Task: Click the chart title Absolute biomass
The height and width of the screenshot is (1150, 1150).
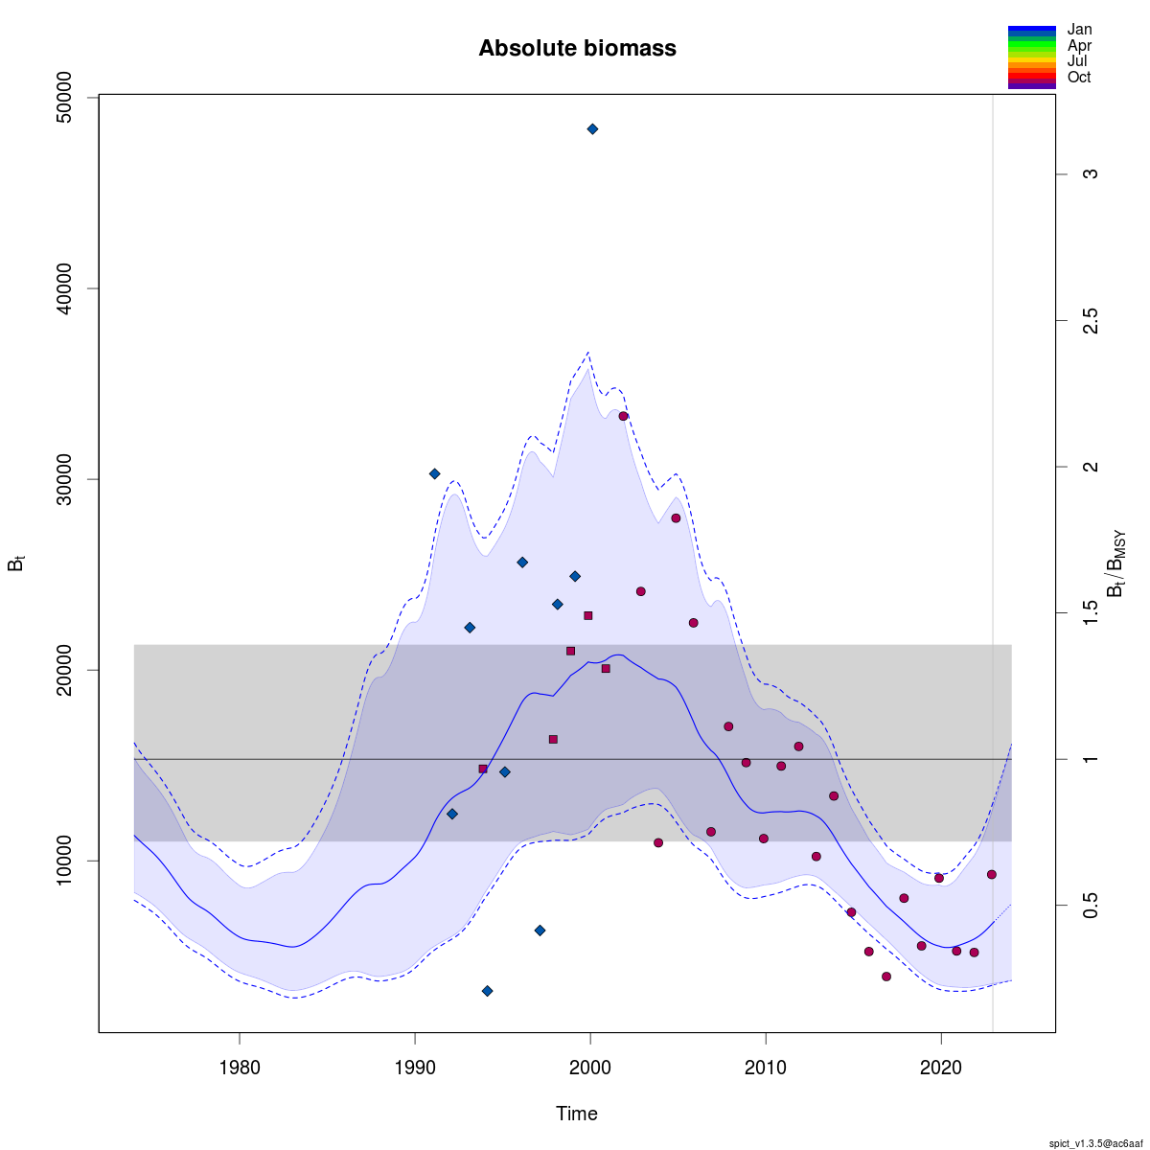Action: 577,48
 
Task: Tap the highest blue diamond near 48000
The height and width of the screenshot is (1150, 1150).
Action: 592,128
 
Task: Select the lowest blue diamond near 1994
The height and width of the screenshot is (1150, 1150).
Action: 487,991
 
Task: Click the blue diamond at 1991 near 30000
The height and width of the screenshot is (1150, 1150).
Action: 434,473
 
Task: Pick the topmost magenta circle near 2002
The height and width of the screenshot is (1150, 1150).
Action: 623,416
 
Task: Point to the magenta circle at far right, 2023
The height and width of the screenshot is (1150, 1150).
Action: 992,874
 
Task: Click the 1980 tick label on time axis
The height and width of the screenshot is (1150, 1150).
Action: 240,1066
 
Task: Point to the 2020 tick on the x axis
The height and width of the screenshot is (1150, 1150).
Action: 941,1066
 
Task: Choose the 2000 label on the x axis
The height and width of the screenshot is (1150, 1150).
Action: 590,1066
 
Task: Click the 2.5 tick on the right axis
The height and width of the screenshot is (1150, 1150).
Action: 1090,320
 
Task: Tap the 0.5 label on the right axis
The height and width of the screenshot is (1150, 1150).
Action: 1090,906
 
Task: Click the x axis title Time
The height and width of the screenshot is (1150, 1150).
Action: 577,1114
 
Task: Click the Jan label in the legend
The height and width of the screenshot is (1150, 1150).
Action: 1079,30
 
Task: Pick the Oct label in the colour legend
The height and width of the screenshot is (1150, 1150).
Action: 1079,78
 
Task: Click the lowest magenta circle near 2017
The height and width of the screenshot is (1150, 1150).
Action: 886,977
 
